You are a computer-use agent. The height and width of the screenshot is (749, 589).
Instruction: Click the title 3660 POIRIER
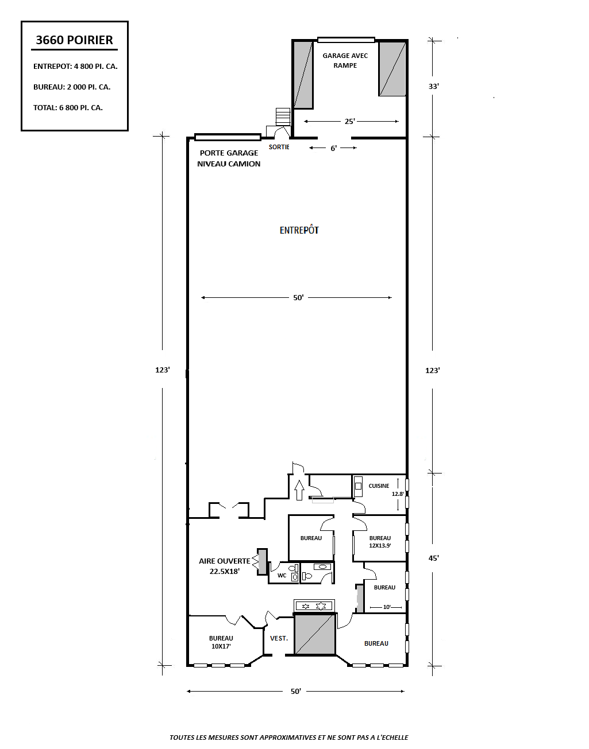coord(74,40)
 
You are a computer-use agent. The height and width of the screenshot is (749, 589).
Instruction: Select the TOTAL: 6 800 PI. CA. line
coord(68,107)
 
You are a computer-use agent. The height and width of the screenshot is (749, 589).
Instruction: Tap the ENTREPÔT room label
coord(299,230)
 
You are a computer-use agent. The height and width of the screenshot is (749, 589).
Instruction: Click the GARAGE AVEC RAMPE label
coord(345,60)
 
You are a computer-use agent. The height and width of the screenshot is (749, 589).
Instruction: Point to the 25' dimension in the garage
coord(350,121)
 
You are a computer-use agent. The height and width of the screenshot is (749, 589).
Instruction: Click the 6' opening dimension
coord(333,148)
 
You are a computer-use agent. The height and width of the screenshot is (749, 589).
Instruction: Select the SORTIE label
coord(279,147)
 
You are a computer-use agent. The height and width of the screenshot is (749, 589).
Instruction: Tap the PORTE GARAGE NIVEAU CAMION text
coord(229,158)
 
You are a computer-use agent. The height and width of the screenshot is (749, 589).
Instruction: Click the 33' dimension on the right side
coord(434,86)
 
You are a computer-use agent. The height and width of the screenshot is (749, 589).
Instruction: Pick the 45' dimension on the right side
coord(434,558)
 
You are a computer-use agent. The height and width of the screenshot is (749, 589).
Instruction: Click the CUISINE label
coord(379,486)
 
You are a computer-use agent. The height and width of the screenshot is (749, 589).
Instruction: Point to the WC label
coord(282,575)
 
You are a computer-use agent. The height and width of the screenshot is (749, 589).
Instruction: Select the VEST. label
coord(279,638)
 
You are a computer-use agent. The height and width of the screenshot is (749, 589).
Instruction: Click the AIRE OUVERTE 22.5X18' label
coord(225,566)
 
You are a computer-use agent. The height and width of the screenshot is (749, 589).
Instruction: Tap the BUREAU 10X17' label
coord(221,642)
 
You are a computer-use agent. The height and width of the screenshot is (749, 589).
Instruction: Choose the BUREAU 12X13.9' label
coord(380,541)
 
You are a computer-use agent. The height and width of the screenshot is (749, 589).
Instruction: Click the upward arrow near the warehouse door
coord(299,490)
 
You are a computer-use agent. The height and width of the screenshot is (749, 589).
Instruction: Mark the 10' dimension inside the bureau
coord(387,607)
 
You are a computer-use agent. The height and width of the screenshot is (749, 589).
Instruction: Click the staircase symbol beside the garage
coord(283,117)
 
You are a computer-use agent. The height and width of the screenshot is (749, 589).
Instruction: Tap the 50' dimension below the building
coord(296,691)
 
